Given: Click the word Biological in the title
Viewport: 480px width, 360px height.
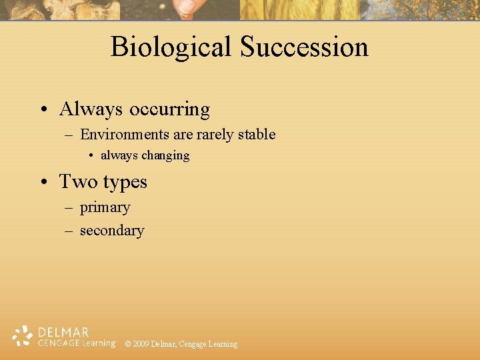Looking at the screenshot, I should pos(171,47).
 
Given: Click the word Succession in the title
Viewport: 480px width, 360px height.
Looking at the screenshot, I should pos(304,47).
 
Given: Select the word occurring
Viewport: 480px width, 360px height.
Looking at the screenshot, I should pos(169,109).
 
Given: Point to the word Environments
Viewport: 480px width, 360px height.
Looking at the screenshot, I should pos(125,135).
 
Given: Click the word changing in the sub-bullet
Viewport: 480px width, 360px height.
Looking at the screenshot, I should pos(165,156).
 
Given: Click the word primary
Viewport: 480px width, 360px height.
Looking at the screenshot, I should pos(105,208).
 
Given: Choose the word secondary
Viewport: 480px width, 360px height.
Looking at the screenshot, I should pos(111,231).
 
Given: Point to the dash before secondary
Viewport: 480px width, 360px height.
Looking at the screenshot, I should pos(69,231).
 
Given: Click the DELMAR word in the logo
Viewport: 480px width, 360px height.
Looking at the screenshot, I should pos(63,332).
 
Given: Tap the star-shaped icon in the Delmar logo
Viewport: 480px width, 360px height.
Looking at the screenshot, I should pos(23,337).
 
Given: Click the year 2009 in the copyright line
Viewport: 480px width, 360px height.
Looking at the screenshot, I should pos(141,344).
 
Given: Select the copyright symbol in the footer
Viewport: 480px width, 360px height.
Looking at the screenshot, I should pos(128,344).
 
